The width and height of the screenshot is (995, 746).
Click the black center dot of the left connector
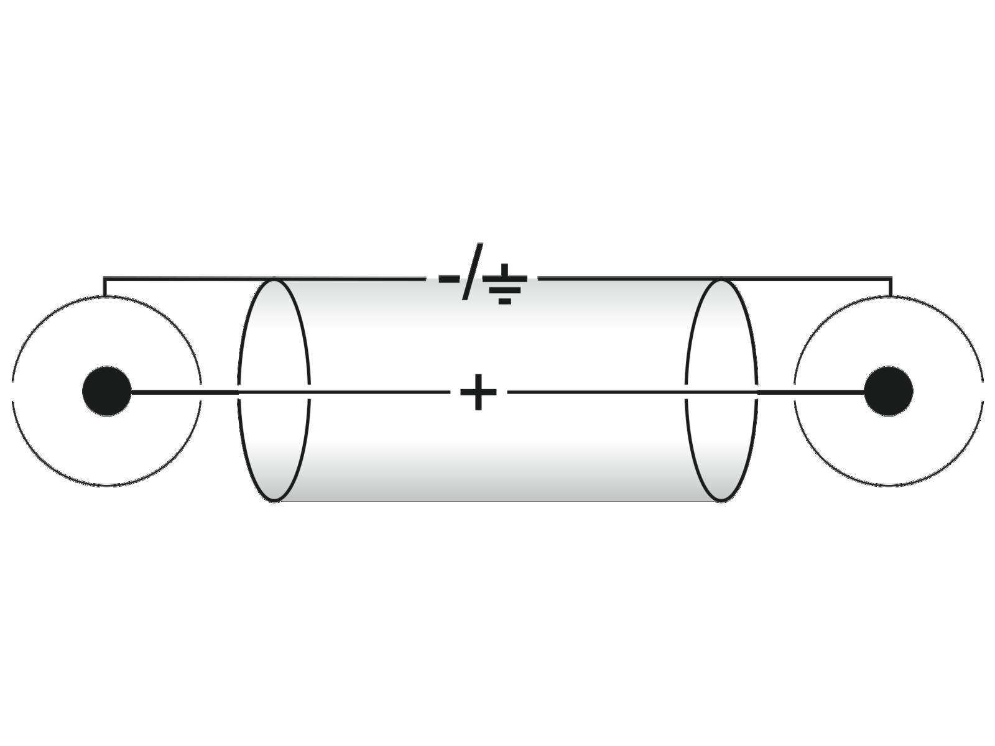(106, 391)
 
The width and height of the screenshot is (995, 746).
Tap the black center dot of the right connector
(889, 391)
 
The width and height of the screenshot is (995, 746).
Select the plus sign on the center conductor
(478, 392)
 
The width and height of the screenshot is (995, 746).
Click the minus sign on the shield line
(449, 278)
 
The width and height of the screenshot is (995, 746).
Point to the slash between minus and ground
(473, 271)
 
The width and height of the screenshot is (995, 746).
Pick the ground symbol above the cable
(504, 283)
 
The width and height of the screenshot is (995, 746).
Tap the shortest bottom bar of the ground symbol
(505, 302)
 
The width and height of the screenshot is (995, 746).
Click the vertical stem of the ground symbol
(504, 270)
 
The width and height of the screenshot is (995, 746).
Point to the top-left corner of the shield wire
(104, 278)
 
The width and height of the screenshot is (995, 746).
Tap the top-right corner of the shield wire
(891, 278)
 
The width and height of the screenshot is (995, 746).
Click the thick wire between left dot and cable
(184, 392)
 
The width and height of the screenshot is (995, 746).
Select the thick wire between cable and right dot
(811, 392)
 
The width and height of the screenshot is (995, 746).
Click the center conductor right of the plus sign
(632, 392)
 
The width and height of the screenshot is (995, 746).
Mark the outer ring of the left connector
(106, 486)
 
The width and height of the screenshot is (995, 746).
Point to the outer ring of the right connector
(889, 486)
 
